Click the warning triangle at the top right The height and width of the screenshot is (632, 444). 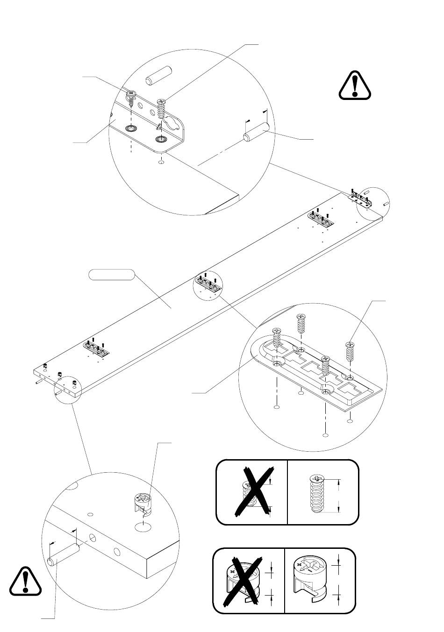[355, 85]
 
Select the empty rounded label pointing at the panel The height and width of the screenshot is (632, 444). [112, 275]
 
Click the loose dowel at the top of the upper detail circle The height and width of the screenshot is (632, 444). [159, 75]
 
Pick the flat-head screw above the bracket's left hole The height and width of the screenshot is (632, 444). [132, 99]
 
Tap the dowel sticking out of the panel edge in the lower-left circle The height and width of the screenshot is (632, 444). [62, 555]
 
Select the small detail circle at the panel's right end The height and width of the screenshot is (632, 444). [372, 203]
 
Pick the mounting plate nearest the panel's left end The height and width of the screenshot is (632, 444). [97, 348]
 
